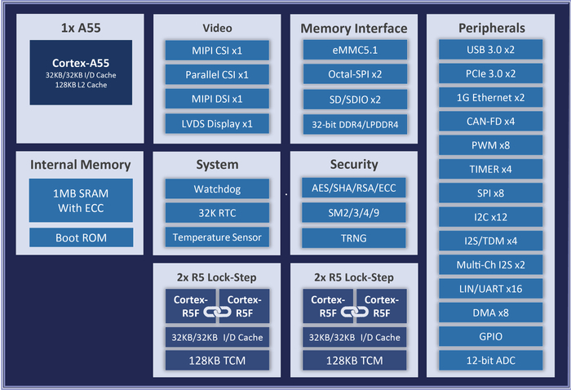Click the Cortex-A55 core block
(x=81, y=72)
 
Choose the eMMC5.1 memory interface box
(x=353, y=51)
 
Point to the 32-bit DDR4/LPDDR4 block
(x=353, y=124)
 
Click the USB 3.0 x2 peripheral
(x=491, y=51)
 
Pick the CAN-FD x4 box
(x=491, y=122)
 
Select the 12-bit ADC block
(x=491, y=361)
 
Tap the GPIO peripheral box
(x=491, y=337)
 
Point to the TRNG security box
(x=353, y=237)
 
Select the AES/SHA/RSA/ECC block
(x=353, y=188)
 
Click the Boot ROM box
(x=81, y=237)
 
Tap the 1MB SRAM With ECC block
(x=81, y=201)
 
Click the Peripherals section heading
(x=491, y=28)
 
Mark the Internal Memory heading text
(x=81, y=165)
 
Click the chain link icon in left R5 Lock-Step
(x=216, y=312)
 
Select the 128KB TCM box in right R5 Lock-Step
(x=353, y=360)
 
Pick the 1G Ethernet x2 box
(x=491, y=98)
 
